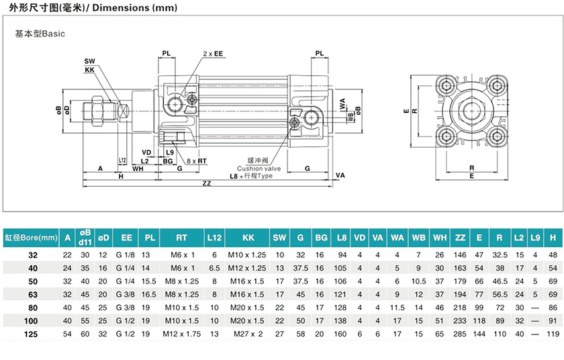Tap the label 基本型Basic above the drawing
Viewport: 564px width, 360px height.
(x=40, y=34)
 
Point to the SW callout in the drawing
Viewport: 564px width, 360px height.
(x=89, y=61)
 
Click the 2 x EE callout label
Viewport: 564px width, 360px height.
(x=213, y=53)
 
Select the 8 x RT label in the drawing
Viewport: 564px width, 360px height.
(x=197, y=161)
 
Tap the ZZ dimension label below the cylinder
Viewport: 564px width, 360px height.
(x=206, y=184)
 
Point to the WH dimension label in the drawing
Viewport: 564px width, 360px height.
(x=138, y=169)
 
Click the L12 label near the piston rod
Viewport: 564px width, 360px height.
(x=122, y=161)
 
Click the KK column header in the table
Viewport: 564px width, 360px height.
(x=248, y=237)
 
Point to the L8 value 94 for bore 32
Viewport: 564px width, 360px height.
(x=342, y=255)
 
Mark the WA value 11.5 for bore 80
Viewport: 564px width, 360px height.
(x=397, y=306)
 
